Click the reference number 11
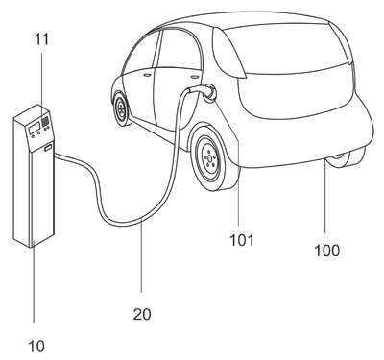[x=41, y=39]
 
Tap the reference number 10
[x=36, y=346]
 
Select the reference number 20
[x=142, y=314]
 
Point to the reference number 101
[x=242, y=240]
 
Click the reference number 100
[x=326, y=251]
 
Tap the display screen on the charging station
[x=34, y=128]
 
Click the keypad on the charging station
[x=46, y=121]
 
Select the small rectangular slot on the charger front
[x=48, y=148]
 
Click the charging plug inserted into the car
[x=204, y=90]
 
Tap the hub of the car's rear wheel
[x=209, y=157]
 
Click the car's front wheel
[x=122, y=108]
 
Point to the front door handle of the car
[x=147, y=75]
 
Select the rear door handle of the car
[x=194, y=77]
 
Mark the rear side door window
[x=179, y=49]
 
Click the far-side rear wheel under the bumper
[x=346, y=158]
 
